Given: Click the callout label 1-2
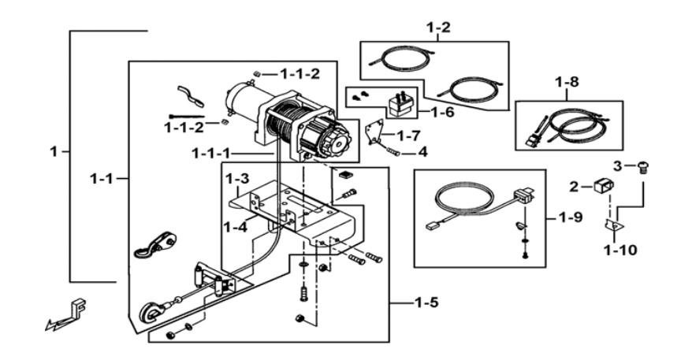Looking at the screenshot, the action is (438, 28).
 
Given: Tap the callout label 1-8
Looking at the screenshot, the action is (567, 82).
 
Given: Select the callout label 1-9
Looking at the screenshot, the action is (571, 217).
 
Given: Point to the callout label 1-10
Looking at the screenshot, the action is (620, 251).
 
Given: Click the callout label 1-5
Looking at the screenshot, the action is (426, 303).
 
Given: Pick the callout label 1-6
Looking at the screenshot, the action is (442, 112).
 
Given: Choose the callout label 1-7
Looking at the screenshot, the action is (409, 135).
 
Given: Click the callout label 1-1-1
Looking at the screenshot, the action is (210, 154).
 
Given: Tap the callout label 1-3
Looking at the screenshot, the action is (237, 179).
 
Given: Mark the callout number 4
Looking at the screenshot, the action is (422, 152).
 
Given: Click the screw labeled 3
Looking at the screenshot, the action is (643, 168).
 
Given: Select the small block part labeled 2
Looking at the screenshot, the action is (602, 186).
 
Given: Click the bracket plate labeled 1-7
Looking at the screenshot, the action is (374, 133).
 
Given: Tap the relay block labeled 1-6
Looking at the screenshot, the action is (402, 104).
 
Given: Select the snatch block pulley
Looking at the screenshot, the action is (156, 243).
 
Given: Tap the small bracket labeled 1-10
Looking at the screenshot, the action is (614, 225).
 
